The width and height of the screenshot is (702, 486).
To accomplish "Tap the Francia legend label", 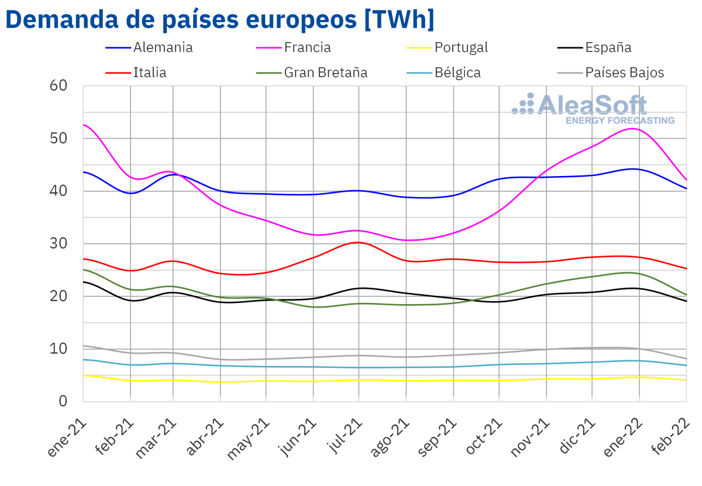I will coord(307,47).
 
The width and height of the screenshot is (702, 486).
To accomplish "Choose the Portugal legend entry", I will coord(460,47).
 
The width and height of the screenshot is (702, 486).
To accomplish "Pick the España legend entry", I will coord(608,47).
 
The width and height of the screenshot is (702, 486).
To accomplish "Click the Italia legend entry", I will coord(150,73).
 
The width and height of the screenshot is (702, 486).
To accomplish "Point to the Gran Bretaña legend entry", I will coord(325,73).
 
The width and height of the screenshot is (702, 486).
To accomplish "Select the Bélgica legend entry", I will coord(457,73).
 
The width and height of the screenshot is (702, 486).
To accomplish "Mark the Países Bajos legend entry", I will coord(624,73).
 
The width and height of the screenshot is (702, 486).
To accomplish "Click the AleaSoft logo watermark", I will coord(591,105).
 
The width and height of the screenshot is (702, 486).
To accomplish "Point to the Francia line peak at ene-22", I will coord(635,129).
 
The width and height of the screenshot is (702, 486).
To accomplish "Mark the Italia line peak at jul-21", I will coord(358,242).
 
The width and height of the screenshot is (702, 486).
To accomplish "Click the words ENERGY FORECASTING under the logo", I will coord(620,120).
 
